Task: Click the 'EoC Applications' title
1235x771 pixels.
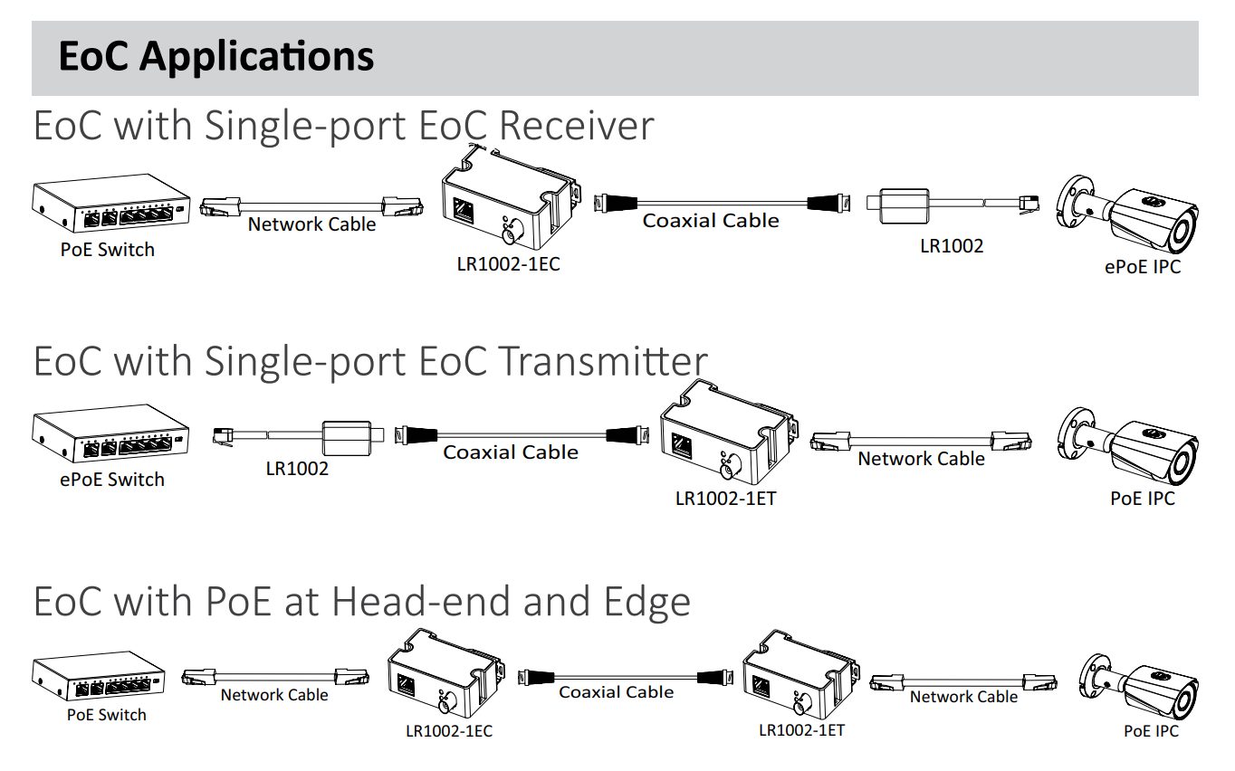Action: click(x=215, y=57)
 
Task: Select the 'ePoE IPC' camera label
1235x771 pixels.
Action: click(x=1142, y=267)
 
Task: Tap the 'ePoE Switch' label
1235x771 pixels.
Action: click(x=112, y=480)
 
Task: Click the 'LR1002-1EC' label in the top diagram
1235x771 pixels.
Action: click(x=508, y=265)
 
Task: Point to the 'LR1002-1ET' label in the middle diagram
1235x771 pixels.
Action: click(x=725, y=498)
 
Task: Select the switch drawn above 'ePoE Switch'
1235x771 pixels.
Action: click(x=111, y=435)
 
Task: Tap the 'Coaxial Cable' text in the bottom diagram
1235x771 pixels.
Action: click(x=616, y=692)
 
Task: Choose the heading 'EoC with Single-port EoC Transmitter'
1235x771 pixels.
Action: click(x=370, y=361)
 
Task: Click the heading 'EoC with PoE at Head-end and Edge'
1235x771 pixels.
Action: click(x=361, y=602)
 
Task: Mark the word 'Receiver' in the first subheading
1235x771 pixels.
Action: click(x=576, y=126)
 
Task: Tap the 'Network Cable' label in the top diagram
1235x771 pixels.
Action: click(x=311, y=224)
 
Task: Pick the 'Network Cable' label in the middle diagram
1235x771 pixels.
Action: click(x=921, y=459)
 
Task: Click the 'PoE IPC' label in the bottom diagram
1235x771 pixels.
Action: click(x=1151, y=730)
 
